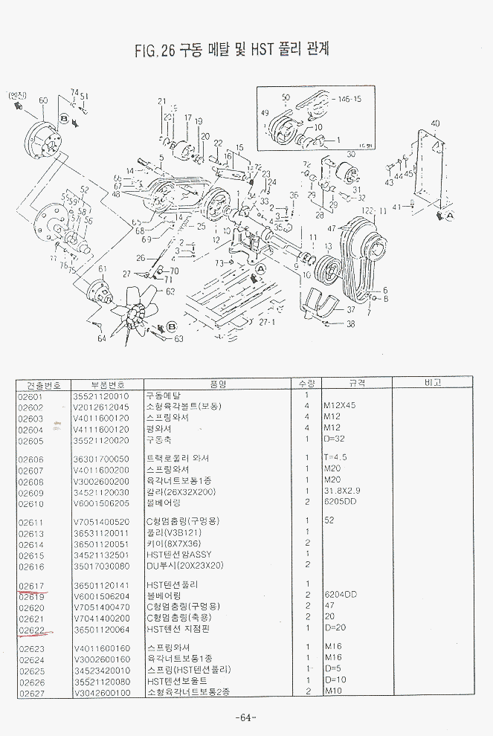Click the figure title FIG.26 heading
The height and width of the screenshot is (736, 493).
point(231,51)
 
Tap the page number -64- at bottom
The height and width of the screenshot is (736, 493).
point(245,717)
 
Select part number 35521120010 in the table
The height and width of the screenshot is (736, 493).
point(100,396)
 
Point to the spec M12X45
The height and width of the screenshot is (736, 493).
point(340,407)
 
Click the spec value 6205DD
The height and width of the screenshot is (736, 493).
point(339,503)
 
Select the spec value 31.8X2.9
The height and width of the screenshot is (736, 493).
point(341,492)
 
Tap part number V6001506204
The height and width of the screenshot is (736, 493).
point(101,596)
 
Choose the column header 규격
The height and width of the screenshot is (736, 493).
point(356,384)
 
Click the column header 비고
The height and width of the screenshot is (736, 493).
point(433,384)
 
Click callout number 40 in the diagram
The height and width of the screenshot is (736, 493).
point(435,123)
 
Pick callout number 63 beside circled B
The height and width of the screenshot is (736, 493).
point(178,339)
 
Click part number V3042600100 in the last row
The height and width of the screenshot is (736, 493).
point(101,693)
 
